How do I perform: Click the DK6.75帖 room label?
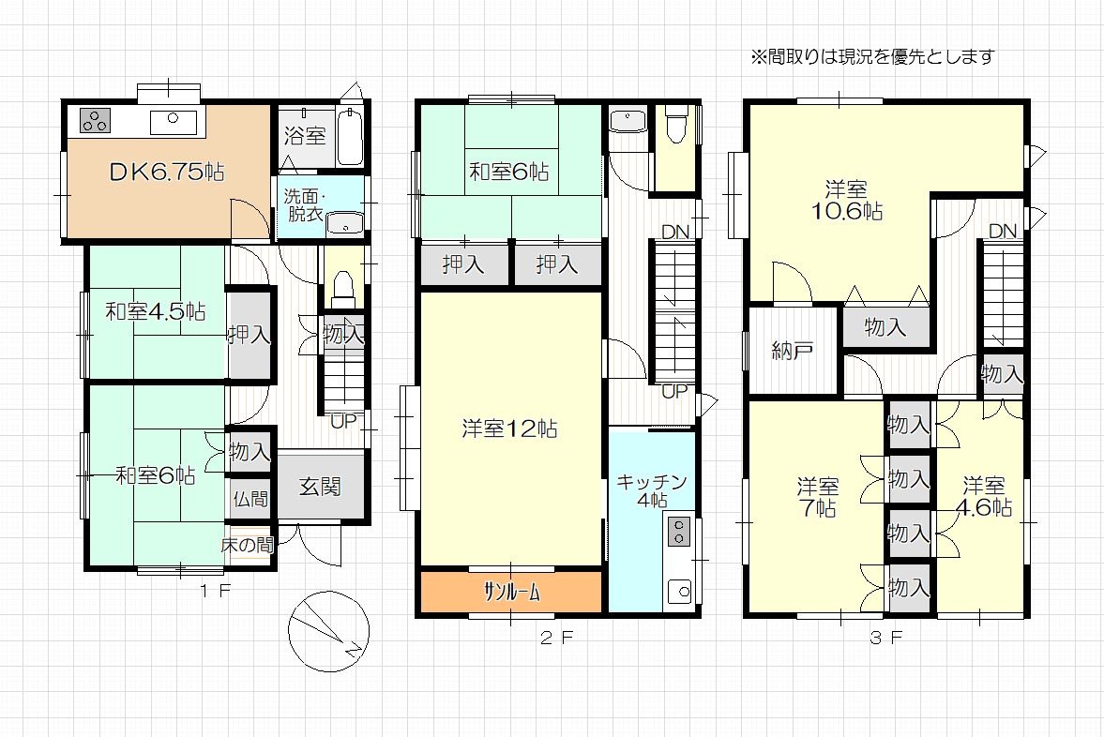[167, 172]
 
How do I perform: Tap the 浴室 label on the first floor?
[305, 135]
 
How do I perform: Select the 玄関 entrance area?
[321, 486]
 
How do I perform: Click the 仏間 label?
[250, 499]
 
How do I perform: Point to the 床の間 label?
[247, 544]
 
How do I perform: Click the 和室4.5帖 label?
[156, 311]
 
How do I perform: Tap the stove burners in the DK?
[95, 121]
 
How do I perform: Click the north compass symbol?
[329, 631]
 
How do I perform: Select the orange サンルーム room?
[512, 592]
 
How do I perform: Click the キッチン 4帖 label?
[652, 490]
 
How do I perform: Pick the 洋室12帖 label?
[509, 428]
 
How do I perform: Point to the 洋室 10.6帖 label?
[847, 200]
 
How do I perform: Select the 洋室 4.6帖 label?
[984, 496]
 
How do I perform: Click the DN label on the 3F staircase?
[1003, 231]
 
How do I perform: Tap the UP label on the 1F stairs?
[344, 421]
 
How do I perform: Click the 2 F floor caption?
[557, 639]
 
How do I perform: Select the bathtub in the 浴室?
[351, 137]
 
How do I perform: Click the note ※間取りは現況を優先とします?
[872, 56]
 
